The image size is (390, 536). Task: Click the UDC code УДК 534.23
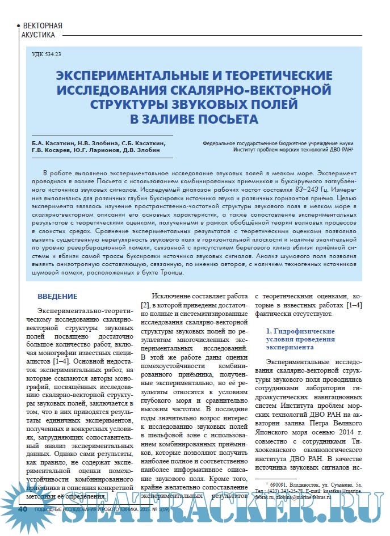point(47,55)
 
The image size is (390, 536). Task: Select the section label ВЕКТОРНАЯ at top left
point(42,26)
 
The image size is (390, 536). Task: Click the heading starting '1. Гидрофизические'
point(300,331)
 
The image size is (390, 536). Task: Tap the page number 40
point(23,509)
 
